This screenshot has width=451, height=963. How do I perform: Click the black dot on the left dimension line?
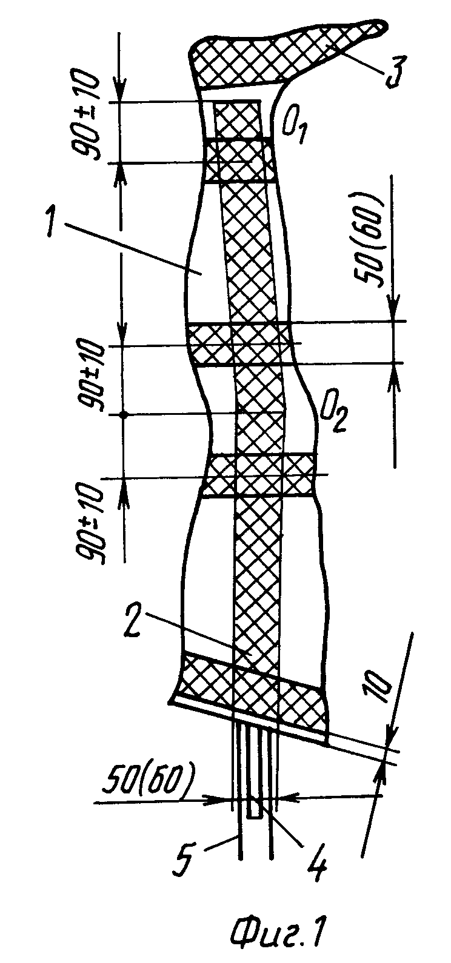pos(124,415)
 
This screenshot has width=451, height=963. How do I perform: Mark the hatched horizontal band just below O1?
pos(240,160)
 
